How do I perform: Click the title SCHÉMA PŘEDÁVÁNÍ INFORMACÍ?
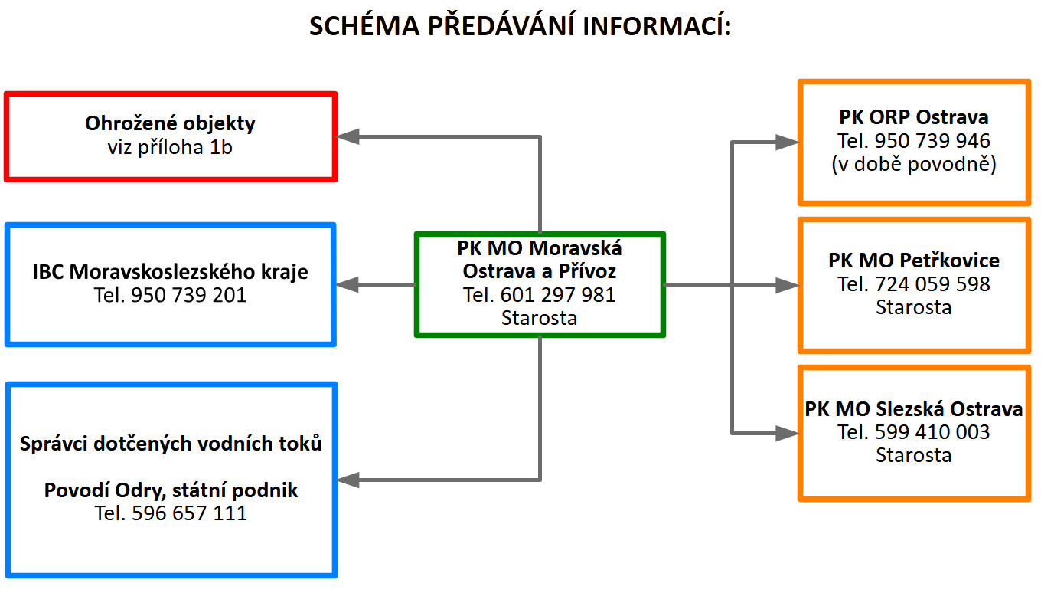pos(520,26)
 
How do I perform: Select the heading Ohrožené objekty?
pos(170,123)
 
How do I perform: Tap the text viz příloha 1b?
pos(170,147)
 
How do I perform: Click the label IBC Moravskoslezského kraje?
pos(170,272)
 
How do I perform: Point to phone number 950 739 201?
pos(170,295)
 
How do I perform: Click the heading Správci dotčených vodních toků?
pos(171,444)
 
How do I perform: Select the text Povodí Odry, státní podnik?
pos(171,490)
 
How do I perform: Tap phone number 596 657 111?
pos(171,513)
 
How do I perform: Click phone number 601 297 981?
pos(540,294)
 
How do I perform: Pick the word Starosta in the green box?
pos(540,317)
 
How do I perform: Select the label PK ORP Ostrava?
pos(914,118)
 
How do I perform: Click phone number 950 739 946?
pos(914,141)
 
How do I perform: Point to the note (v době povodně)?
pos(914,164)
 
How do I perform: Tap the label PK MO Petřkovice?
pos(914,261)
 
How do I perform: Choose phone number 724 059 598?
pos(914,284)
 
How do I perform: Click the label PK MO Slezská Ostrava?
pos(914,409)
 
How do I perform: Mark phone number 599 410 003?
pos(914,432)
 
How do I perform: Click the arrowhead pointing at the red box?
pos(349,137)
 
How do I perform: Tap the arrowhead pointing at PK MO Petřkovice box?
pos(786,285)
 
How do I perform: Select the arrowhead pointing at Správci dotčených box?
pos(349,480)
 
